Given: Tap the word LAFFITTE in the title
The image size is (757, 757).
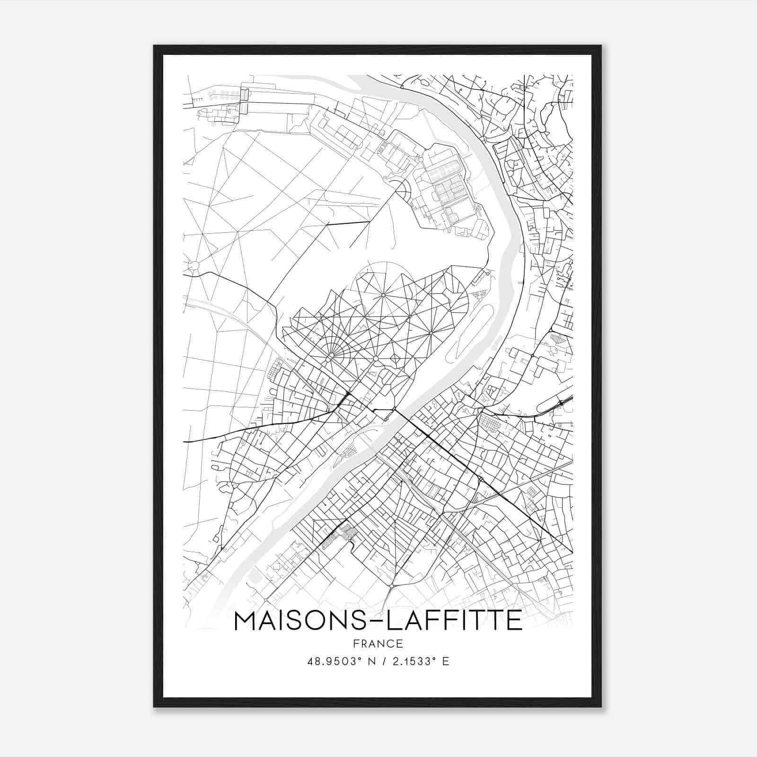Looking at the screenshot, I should tap(454, 620).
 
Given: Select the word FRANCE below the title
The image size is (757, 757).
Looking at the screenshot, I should tap(378, 643).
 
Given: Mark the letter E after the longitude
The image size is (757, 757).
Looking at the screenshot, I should tap(445, 661).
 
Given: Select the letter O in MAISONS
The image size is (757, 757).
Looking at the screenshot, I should tap(327, 620).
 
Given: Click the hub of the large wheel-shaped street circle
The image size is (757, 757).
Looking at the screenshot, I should tap(383, 296).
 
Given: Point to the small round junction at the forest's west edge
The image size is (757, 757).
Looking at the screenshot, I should tap(194, 265).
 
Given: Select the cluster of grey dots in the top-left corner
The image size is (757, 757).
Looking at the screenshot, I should tap(222, 93).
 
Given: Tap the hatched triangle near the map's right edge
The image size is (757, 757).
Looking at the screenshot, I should tap(559, 339).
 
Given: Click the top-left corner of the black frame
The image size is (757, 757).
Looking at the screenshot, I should tap(154, 46).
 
